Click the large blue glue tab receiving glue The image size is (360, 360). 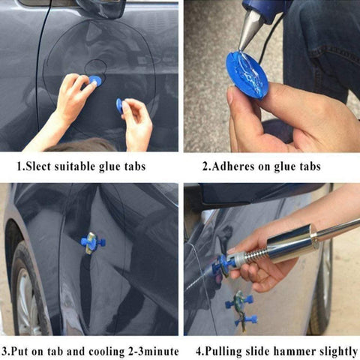click(x=247, y=74)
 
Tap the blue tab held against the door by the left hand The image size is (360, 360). click(x=95, y=81)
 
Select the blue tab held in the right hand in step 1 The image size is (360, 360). click(x=119, y=106)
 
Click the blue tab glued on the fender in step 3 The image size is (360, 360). click(x=92, y=243)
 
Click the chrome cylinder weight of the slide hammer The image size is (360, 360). click(x=292, y=243)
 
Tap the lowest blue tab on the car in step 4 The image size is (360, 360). click(x=246, y=320)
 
